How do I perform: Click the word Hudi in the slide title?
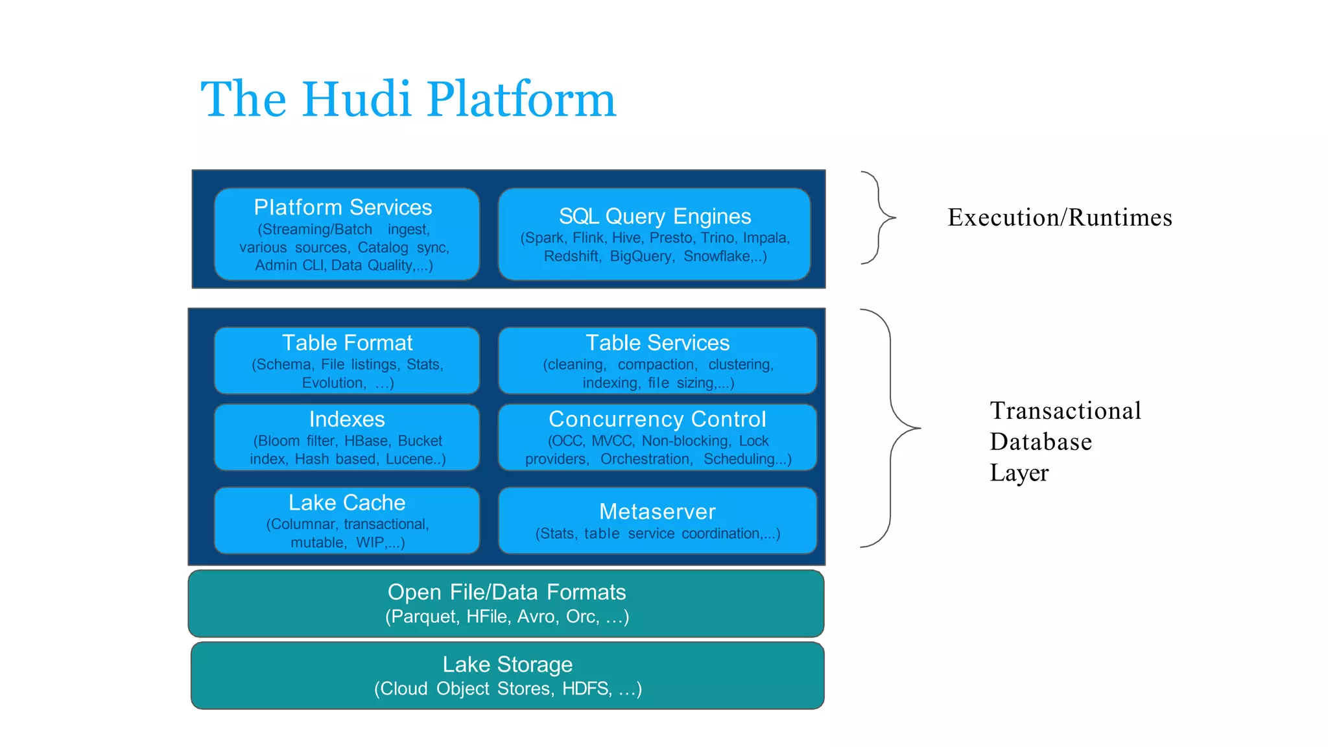pyautogui.click(x=356, y=99)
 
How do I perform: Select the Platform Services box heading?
pyautogui.click(x=342, y=207)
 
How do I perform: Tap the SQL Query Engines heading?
pyautogui.click(x=654, y=216)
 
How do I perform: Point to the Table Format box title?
pyautogui.click(x=347, y=342)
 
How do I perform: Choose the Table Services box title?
pyautogui.click(x=657, y=342)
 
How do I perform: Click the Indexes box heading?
pyautogui.click(x=347, y=419)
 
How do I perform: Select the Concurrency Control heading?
pyautogui.click(x=657, y=419)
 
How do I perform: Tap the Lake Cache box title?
pyautogui.click(x=347, y=503)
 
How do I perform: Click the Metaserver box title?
pyautogui.click(x=657, y=512)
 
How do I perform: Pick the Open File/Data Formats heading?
pyautogui.click(x=506, y=592)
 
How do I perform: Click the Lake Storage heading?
pyautogui.click(x=507, y=665)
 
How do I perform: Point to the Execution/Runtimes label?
pyautogui.click(x=1060, y=217)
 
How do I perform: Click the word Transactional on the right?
pyautogui.click(x=1065, y=411)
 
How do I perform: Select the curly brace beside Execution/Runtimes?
pyautogui.click(x=880, y=217)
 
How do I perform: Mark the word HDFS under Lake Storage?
pyautogui.click(x=586, y=689)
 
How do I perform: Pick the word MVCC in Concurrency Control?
pyautogui.click(x=611, y=441)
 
